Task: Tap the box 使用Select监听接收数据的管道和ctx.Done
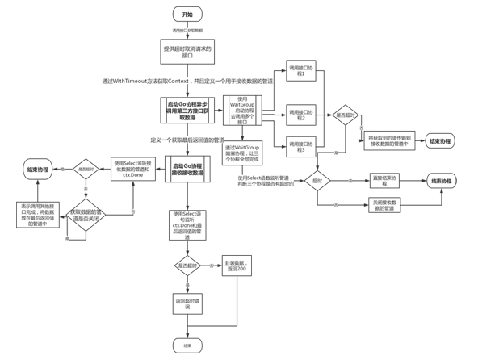[132, 170]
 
